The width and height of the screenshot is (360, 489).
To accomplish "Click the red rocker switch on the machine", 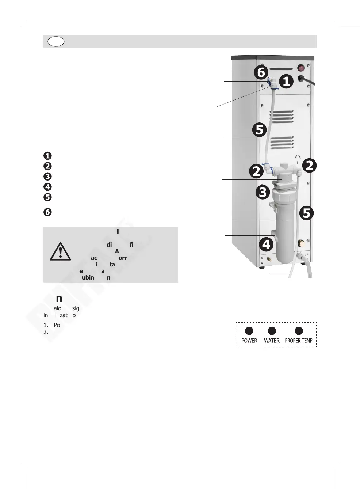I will coord(301,68).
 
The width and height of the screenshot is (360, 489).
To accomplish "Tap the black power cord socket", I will coord(302,79).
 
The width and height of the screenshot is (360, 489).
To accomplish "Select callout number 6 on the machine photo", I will coord(261,72).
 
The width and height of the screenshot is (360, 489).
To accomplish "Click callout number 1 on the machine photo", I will coord(286,81).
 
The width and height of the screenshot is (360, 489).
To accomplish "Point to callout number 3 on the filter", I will coord(263,192).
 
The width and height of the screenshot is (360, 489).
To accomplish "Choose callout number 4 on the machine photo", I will coord(266,244).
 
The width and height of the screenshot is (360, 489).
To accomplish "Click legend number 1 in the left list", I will coord(47,156).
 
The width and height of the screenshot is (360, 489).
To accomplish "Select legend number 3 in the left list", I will coord(47,177).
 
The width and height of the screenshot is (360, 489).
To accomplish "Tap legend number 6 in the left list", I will coord(47,212).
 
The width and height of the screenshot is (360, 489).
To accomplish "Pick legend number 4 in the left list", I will coord(47,187).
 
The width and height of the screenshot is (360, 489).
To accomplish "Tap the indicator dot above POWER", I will coord(249,330).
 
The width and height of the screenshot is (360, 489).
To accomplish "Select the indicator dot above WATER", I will coord(272,330).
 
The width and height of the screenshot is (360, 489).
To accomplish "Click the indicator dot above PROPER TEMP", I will coord(299,330).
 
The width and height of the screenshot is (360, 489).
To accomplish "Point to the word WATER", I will coord(272,341).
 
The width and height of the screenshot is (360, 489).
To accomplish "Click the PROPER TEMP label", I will coord(299,341).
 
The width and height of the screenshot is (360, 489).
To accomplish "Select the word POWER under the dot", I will coord(249,341).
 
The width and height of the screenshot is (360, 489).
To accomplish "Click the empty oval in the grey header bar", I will coord(56,41).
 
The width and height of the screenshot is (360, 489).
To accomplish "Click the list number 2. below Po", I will coord(46,332).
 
